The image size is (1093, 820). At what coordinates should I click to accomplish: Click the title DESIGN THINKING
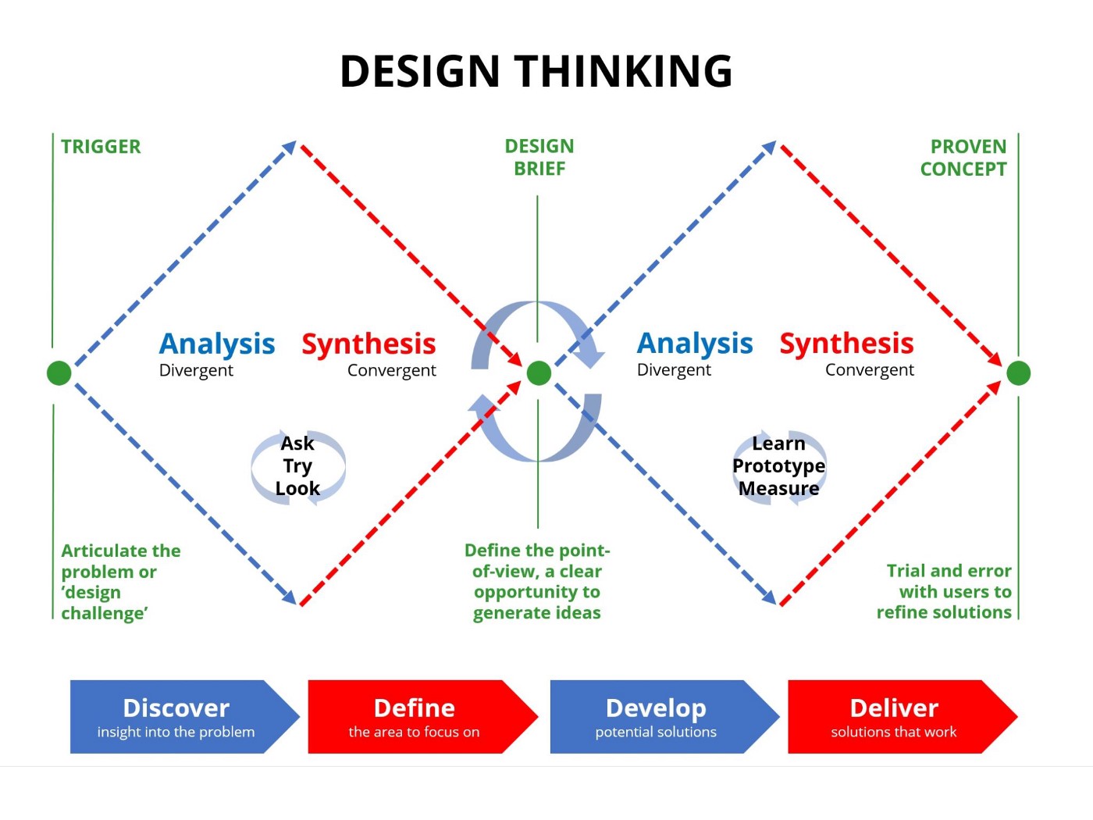(536, 71)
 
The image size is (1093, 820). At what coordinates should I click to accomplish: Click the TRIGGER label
(101, 147)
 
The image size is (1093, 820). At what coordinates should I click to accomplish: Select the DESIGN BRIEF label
(539, 157)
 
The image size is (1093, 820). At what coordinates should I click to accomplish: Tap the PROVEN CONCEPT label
(963, 158)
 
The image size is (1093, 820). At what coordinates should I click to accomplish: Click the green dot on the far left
(59, 373)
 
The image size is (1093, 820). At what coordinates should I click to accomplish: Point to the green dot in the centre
(539, 373)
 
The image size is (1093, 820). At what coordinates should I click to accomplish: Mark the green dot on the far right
(1018, 373)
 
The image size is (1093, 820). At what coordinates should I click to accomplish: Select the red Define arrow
(415, 717)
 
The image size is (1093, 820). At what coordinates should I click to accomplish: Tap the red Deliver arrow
(894, 717)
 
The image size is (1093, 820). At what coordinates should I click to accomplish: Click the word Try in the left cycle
(297, 466)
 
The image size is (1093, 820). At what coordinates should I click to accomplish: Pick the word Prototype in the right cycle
(778, 466)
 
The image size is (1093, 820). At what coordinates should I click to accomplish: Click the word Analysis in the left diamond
(217, 344)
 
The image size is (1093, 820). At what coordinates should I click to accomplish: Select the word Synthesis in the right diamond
(846, 344)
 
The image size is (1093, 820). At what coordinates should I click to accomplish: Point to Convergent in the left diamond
(391, 371)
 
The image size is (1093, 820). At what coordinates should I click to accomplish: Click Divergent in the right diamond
(674, 370)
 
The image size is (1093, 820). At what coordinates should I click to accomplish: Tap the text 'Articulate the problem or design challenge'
(120, 582)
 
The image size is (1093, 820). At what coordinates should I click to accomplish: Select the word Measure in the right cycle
(778, 489)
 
